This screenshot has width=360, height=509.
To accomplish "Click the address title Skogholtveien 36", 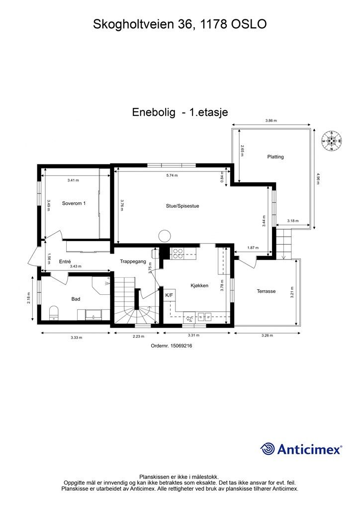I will (x=180, y=24).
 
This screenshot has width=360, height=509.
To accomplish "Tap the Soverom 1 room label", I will (x=74, y=203).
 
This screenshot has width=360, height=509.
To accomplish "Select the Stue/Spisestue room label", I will (x=182, y=205).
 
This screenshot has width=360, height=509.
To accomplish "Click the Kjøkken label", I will (x=199, y=286).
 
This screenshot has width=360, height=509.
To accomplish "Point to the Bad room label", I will (x=76, y=299).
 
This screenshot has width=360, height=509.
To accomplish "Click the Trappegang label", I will (x=133, y=261).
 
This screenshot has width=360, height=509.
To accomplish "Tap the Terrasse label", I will (x=266, y=291).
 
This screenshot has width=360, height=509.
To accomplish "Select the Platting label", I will (x=275, y=157).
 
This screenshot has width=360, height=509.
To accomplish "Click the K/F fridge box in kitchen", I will (x=169, y=295).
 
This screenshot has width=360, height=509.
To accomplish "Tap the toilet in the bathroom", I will (x=55, y=312).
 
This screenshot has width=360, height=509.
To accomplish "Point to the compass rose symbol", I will (x=332, y=140).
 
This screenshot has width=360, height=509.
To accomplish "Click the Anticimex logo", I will (x=301, y=449).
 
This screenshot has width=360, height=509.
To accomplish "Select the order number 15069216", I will (x=171, y=346).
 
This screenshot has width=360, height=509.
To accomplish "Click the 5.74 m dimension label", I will (x=172, y=175).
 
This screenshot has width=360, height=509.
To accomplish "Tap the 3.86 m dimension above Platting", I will (x=270, y=121).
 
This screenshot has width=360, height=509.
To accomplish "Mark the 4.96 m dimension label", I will (x=317, y=178).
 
